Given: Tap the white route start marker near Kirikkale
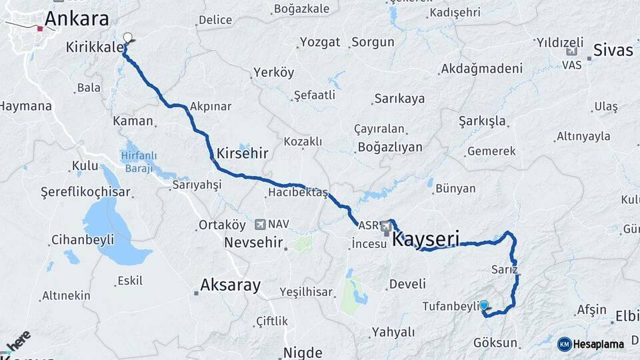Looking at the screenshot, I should pyautogui.click(x=127, y=38).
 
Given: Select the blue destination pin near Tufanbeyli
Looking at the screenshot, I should pyautogui.click(x=484, y=305).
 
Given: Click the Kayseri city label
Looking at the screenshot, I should pyautogui.click(x=427, y=239).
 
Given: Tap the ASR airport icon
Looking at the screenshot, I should pyautogui.click(x=387, y=228).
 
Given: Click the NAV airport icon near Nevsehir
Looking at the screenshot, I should pyautogui.click(x=260, y=224).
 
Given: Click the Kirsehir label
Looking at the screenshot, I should pyautogui.click(x=241, y=153).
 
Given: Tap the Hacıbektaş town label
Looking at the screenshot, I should pyautogui.click(x=297, y=192).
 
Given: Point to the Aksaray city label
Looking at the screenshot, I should pyautogui.click(x=230, y=285).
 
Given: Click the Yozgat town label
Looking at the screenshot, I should pyautogui.click(x=320, y=42).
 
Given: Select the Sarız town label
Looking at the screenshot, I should pyautogui.click(x=504, y=270).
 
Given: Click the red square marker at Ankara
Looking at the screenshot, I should pyautogui.click(x=40, y=29).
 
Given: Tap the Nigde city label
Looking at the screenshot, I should pyautogui.click(x=303, y=352).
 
